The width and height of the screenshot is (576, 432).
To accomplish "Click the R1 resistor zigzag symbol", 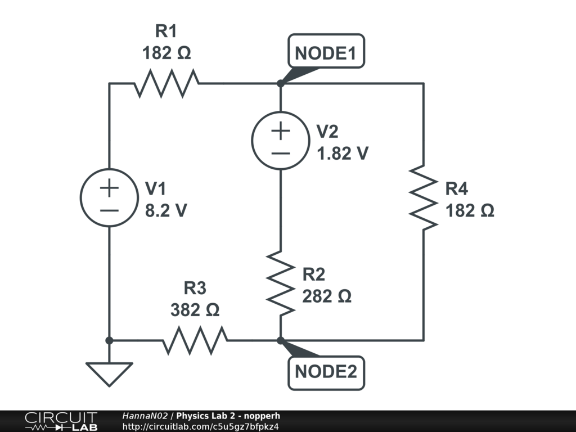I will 166,83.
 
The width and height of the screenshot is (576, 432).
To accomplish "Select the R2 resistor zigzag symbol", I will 280,283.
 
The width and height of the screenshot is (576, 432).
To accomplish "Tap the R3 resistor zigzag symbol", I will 195,340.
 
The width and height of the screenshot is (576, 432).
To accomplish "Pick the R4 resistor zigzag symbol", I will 423,197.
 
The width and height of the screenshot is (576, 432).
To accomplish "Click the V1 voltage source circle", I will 109,198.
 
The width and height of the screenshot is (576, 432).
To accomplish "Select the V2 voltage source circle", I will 280,141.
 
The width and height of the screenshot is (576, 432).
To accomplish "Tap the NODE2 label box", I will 326,371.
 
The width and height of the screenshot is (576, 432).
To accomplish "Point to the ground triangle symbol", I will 109,373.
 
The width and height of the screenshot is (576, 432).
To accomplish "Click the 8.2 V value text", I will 166,210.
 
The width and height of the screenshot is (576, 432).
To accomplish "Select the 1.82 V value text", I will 343,153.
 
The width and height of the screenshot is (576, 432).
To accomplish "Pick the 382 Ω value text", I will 195,310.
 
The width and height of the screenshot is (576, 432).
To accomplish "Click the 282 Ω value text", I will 327,296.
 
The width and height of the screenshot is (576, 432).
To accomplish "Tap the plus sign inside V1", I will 109,187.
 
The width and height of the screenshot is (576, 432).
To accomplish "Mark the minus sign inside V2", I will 280,152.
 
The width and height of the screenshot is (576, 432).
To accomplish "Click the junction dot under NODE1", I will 280,83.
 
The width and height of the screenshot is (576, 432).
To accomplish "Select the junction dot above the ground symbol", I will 109,340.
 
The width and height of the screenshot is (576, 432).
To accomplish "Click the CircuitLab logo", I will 61,421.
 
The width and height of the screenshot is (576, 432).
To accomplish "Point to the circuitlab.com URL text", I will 200,426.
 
